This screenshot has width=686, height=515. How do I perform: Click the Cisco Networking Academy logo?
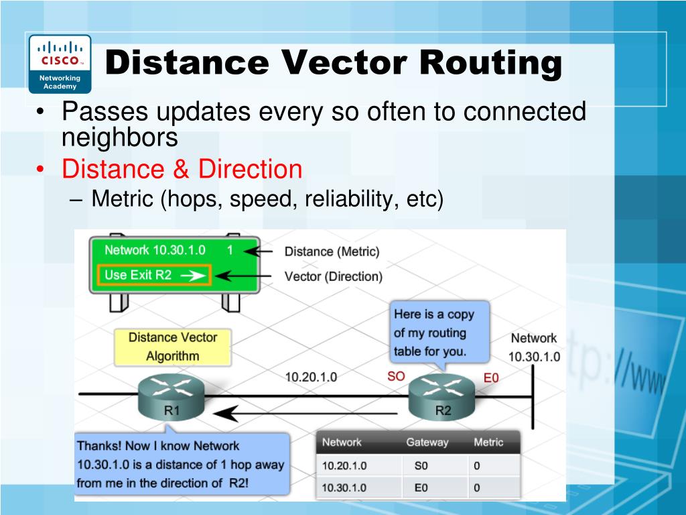(x=60, y=63)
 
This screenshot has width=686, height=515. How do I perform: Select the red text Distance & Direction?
(x=182, y=169)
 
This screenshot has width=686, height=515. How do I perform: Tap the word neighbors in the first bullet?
(x=120, y=137)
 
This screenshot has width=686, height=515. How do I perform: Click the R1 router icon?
(x=171, y=396)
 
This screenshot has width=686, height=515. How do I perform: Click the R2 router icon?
(x=443, y=396)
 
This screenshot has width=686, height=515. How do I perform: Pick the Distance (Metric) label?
(x=332, y=251)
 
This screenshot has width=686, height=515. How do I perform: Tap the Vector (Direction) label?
(x=333, y=276)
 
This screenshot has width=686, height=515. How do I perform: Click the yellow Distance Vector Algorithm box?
(x=173, y=346)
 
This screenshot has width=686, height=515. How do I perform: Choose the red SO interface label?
(x=396, y=376)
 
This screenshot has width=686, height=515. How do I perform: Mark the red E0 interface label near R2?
(x=491, y=378)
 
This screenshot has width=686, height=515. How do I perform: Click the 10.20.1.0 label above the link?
(x=311, y=377)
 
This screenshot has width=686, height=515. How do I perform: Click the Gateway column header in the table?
(x=427, y=442)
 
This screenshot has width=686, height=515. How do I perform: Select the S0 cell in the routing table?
(x=421, y=465)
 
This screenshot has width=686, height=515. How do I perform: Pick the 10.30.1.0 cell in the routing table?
(x=344, y=488)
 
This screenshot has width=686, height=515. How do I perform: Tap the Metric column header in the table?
(x=488, y=442)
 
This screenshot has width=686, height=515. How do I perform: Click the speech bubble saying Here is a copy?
(x=439, y=333)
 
